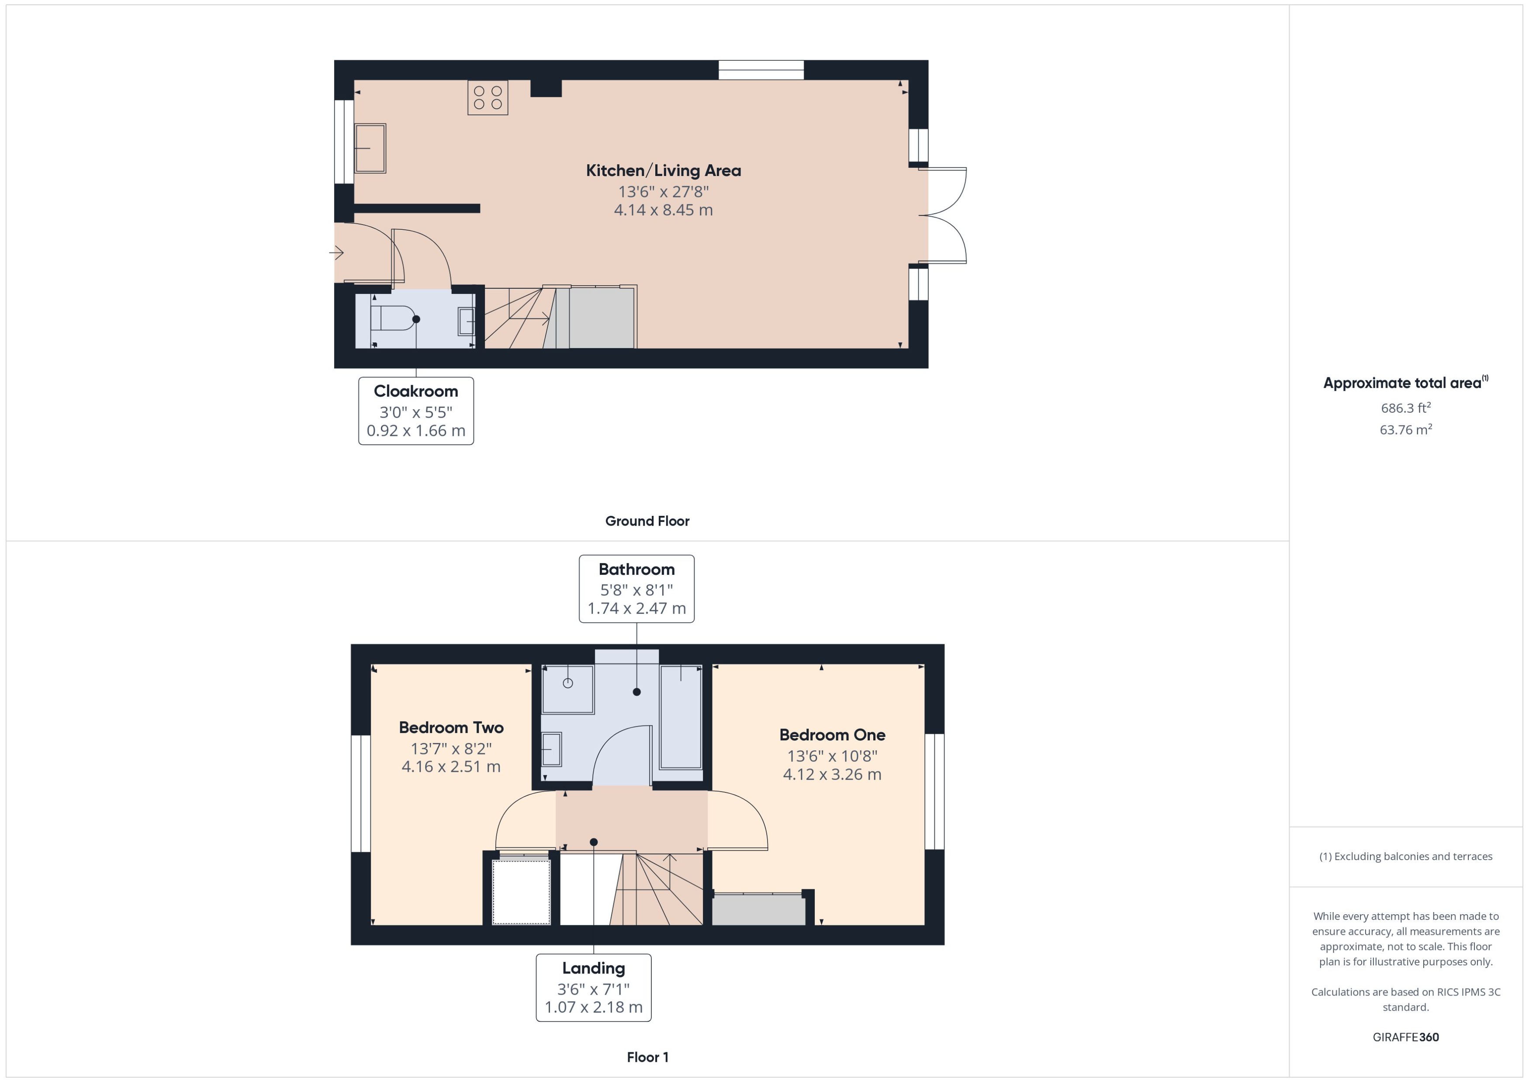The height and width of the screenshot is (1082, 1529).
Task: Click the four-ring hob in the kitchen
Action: click(x=488, y=97)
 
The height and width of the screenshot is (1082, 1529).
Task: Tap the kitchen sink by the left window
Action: click(x=370, y=148)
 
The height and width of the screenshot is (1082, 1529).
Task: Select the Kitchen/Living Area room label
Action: click(x=663, y=170)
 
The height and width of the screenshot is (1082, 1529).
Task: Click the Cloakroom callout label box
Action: click(x=416, y=411)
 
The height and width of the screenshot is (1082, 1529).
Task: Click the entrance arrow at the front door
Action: click(x=336, y=252)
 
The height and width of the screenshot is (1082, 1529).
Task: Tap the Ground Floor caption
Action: click(x=647, y=521)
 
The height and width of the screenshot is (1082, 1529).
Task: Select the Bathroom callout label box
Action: click(x=636, y=588)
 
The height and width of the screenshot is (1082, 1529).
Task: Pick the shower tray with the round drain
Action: click(x=567, y=689)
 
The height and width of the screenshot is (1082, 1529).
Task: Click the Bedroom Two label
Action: click(x=451, y=728)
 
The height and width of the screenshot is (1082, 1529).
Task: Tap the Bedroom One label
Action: click(x=832, y=735)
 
